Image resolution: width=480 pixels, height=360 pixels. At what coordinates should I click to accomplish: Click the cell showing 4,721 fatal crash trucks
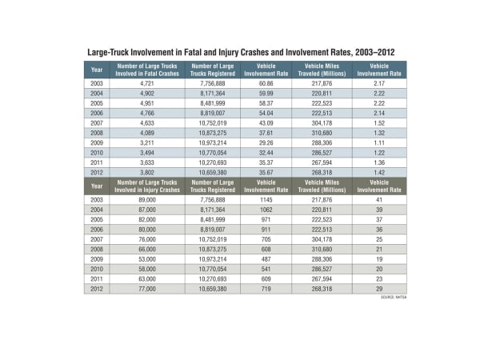click(x=134, y=83)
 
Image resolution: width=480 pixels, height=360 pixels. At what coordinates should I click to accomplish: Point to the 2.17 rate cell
click(x=379, y=83)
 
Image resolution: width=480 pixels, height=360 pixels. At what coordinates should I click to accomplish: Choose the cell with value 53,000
click(x=134, y=259)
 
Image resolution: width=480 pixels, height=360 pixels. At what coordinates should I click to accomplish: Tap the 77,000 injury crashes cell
click(x=134, y=288)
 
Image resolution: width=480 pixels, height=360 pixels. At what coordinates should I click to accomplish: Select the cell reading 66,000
click(x=134, y=250)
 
